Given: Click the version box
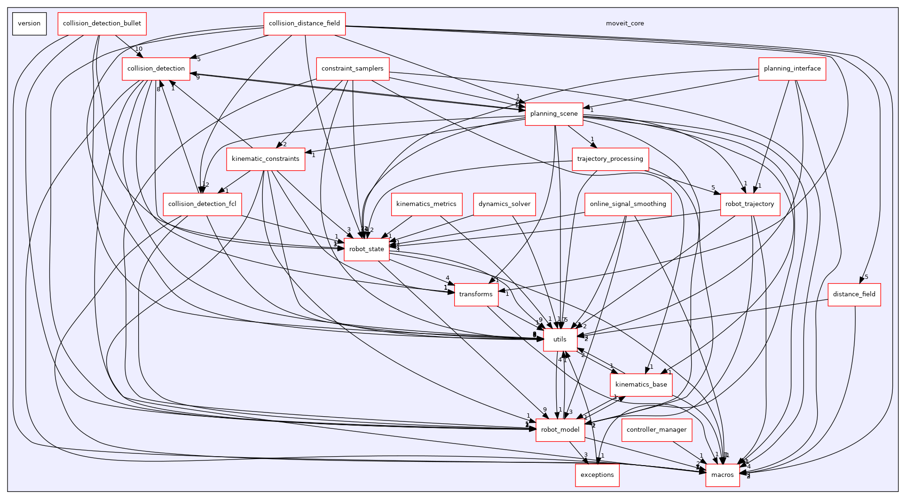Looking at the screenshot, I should click(29, 24).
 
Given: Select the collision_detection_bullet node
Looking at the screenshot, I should click(102, 24).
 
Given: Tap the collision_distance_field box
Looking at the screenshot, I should click(304, 24).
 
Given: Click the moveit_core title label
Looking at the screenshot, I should click(625, 24).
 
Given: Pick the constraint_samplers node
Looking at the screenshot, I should click(353, 69).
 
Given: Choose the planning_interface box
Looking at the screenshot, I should click(792, 69).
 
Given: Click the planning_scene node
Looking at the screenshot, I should click(554, 114).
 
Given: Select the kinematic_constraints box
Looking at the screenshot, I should click(265, 159).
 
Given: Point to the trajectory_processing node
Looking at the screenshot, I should click(610, 159).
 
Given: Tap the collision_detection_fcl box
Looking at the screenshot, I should click(202, 204).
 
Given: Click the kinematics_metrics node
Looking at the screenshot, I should click(426, 204).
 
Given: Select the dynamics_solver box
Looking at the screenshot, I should click(504, 204).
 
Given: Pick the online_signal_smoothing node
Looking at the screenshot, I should click(628, 204).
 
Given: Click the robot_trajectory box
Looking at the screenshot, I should click(749, 204).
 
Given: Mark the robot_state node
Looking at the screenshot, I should click(366, 249).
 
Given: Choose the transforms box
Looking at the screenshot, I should click(476, 294).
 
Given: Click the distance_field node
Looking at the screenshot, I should click(854, 294).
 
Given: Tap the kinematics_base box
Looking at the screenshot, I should click(641, 385).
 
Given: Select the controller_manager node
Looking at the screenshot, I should click(656, 430).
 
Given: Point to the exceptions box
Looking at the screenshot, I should click(597, 475).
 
